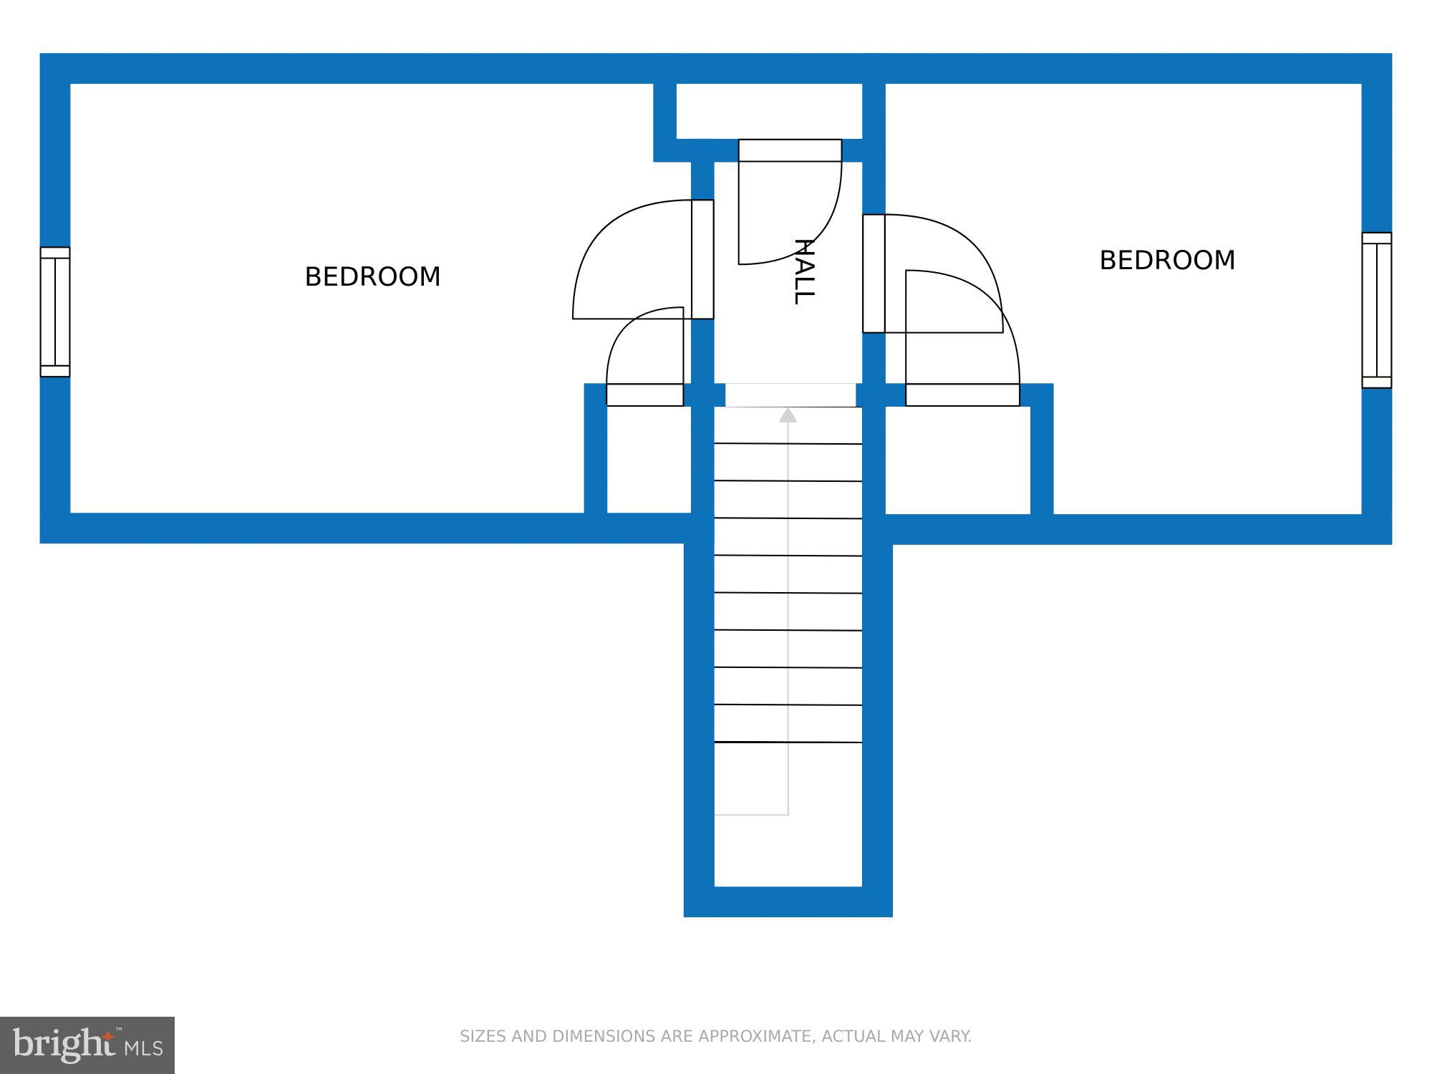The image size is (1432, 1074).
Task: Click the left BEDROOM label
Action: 372,277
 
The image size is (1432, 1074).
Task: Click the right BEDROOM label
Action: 1167,261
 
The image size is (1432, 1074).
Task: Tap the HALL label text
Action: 803,272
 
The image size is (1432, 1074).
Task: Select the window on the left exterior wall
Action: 55,311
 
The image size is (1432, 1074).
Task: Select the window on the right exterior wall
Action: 1376,310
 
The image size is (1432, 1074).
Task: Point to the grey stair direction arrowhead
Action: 788,415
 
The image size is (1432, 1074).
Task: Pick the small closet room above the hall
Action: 769,111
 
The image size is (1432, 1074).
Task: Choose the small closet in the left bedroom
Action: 649,459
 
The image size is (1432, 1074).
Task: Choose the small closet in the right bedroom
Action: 957,459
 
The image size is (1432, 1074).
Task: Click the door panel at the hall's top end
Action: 790,150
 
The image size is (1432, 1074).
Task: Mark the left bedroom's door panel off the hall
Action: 702,259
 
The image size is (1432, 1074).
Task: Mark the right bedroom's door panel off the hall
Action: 874,274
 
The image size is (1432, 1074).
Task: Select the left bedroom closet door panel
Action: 644,395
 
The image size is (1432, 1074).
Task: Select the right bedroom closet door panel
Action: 962,395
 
